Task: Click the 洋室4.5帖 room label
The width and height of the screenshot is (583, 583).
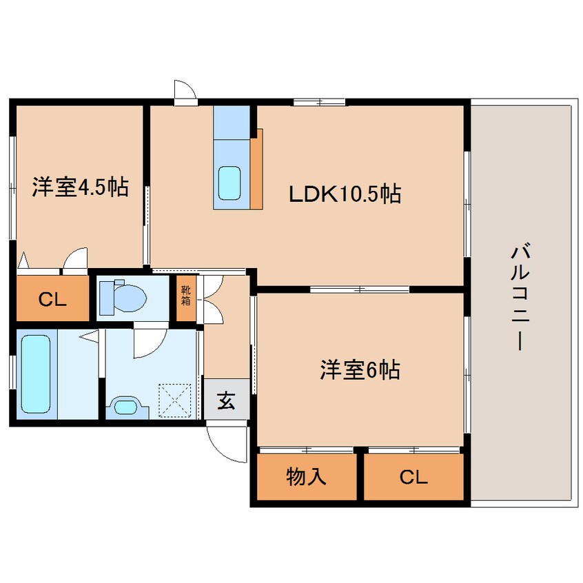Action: tap(79, 187)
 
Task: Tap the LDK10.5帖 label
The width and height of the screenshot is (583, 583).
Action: tap(345, 194)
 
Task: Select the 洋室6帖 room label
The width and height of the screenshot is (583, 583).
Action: tap(360, 371)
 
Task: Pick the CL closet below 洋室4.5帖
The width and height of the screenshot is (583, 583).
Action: tap(52, 299)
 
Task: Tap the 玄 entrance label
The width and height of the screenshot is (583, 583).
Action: tap(226, 400)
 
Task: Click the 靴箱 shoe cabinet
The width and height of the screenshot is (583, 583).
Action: tap(187, 297)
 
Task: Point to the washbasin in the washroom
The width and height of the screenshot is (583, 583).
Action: tap(127, 406)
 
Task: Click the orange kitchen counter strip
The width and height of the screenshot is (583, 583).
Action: tap(256, 169)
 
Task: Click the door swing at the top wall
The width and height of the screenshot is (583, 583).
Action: tap(185, 91)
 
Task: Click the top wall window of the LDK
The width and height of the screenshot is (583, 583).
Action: tap(319, 103)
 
